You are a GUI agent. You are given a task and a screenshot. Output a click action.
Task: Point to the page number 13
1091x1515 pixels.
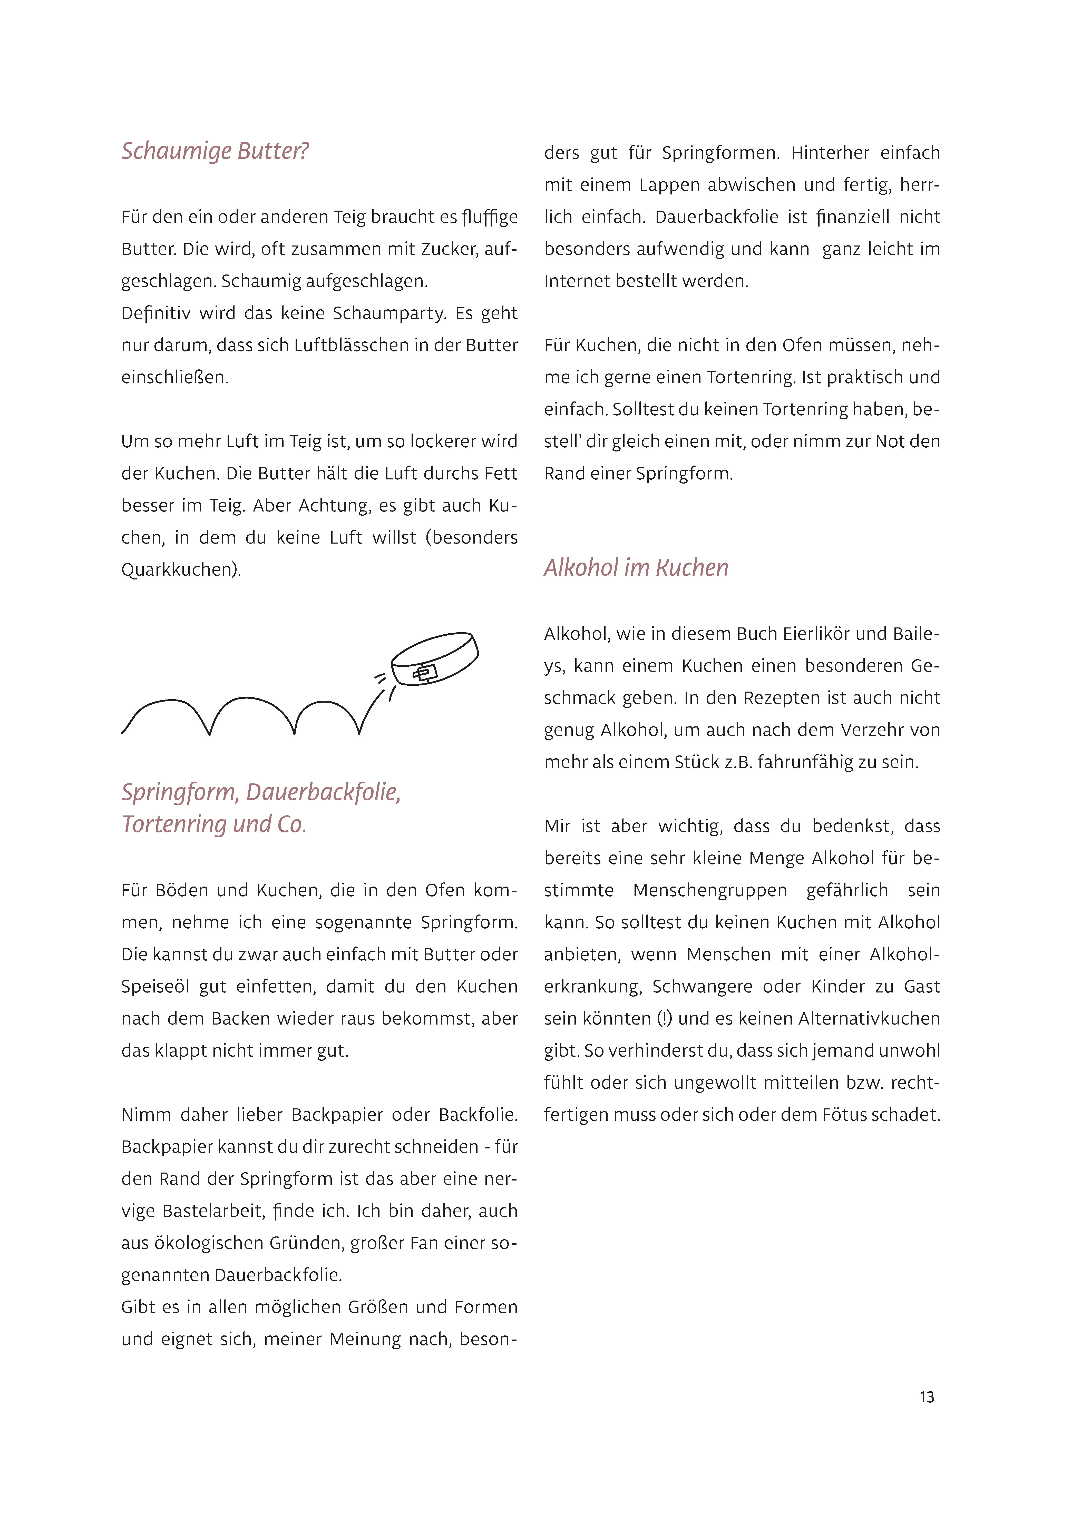coord(927,1398)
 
